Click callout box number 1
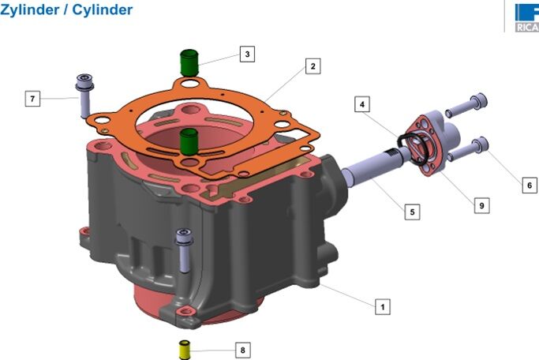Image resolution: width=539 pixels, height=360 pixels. (x=383, y=306)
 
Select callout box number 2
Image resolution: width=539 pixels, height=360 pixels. (x=313, y=66)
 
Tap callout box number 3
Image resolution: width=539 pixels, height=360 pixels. (x=247, y=54)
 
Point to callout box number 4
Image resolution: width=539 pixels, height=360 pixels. (x=362, y=104)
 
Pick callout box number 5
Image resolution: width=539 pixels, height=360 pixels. (x=412, y=212)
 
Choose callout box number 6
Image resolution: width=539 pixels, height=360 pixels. (x=530, y=186)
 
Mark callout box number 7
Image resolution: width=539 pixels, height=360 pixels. (x=32, y=99)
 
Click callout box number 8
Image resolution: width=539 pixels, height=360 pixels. (x=243, y=350)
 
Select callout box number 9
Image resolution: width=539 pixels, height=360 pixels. (x=481, y=205)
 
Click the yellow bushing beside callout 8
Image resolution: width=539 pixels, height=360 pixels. (x=185, y=350)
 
